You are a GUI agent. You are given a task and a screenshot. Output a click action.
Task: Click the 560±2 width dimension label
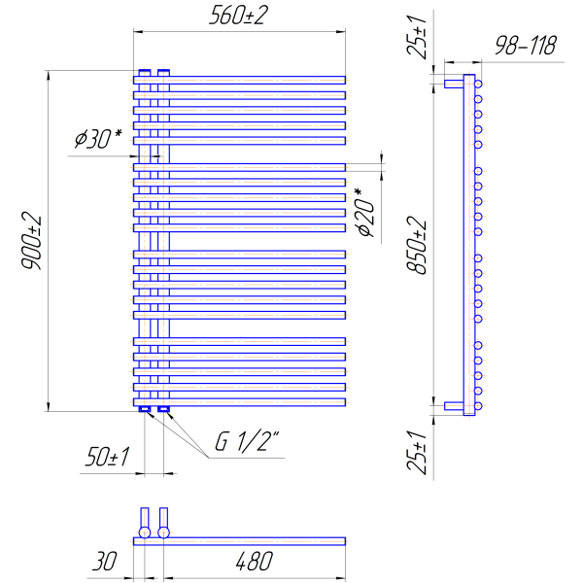tap(238, 16)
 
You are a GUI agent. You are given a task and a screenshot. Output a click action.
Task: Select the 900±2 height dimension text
tap(31, 241)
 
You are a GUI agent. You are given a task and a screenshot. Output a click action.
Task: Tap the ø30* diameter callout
tap(98, 138)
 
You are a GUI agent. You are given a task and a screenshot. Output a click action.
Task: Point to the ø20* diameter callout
tap(365, 213)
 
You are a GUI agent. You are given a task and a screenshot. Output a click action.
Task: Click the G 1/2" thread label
tap(247, 441)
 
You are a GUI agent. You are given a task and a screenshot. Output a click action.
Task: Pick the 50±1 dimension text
tap(107, 457)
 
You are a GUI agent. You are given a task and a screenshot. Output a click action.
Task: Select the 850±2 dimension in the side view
tap(417, 246)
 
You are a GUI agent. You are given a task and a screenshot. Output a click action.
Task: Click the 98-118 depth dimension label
tap(526, 46)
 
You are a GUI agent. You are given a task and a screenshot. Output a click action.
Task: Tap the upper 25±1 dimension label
tap(417, 37)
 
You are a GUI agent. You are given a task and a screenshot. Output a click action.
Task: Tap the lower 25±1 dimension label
tap(417, 453)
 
